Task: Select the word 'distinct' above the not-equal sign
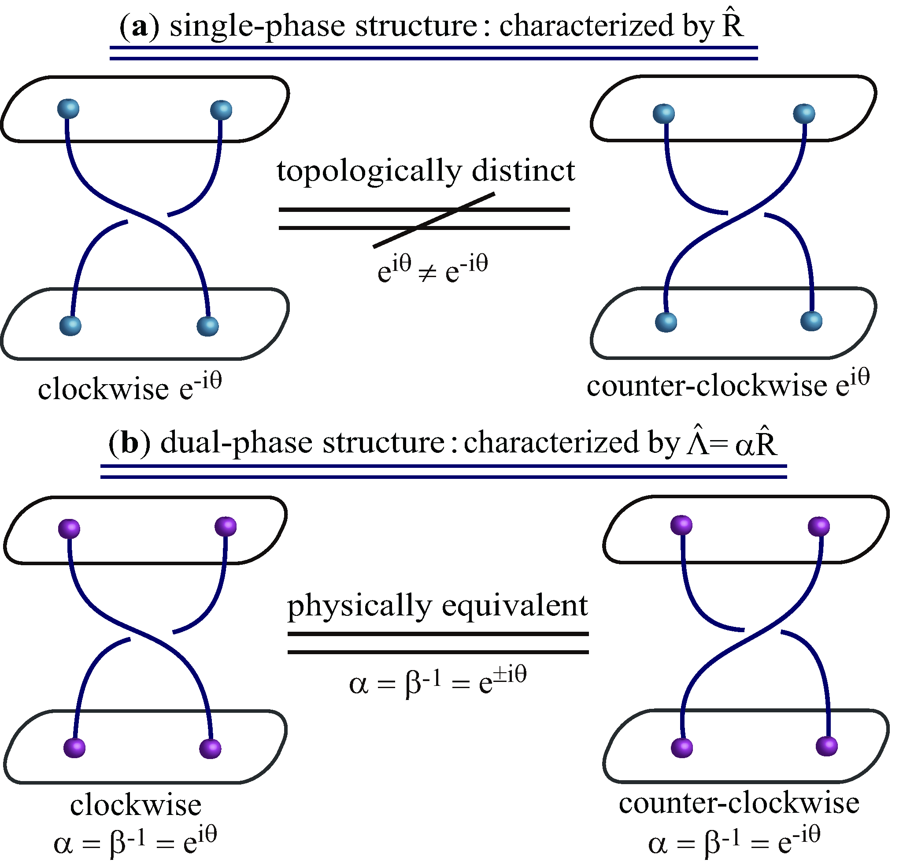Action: click(523, 170)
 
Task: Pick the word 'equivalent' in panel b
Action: click(515, 606)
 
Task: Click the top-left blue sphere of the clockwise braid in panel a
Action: click(69, 109)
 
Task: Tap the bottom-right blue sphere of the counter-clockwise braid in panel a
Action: click(811, 321)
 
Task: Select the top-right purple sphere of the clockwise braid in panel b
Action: click(226, 527)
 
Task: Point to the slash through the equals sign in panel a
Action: click(433, 220)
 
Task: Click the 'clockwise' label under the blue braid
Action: click(103, 389)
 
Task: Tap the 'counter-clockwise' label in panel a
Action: click(707, 385)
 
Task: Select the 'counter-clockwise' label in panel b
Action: click(739, 803)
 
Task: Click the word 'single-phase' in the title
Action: click(258, 27)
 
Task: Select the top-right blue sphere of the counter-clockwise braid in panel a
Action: click(804, 114)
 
